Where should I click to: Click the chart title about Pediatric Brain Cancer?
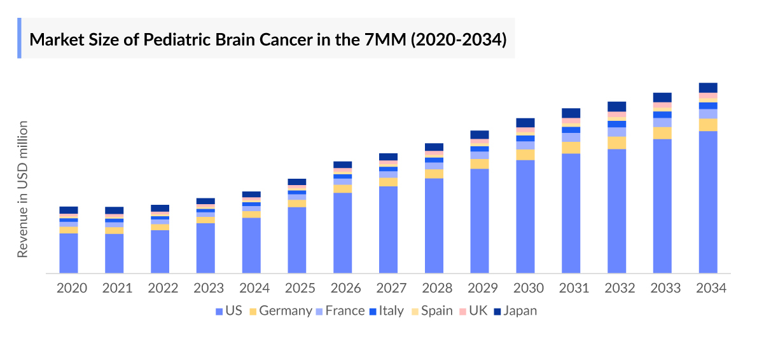(268, 39)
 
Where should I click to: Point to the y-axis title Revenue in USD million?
(23, 189)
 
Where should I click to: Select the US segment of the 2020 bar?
(69, 253)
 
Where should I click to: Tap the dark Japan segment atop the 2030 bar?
(525, 123)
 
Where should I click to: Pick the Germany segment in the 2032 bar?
(617, 143)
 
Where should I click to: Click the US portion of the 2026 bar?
(343, 233)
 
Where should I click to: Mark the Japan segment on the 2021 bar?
(115, 211)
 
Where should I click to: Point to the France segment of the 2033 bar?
(662, 123)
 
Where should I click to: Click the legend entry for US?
(228, 311)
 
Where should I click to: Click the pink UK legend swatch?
(462, 311)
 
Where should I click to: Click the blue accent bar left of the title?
(19, 38)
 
